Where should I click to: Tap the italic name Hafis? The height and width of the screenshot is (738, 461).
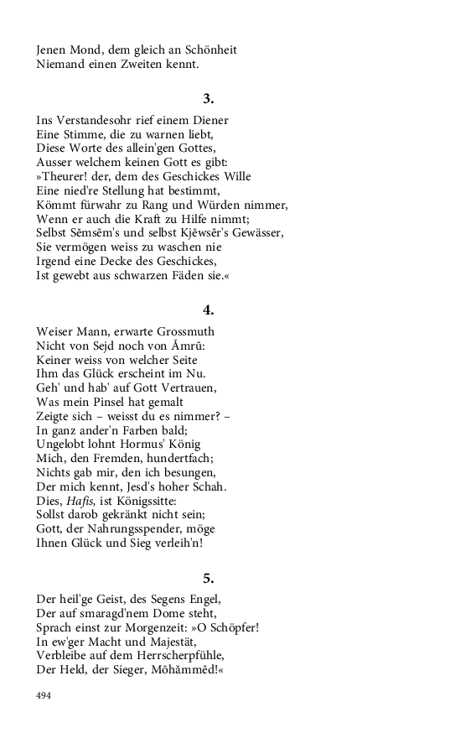click(80, 501)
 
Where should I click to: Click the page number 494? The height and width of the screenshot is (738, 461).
click(44, 695)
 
